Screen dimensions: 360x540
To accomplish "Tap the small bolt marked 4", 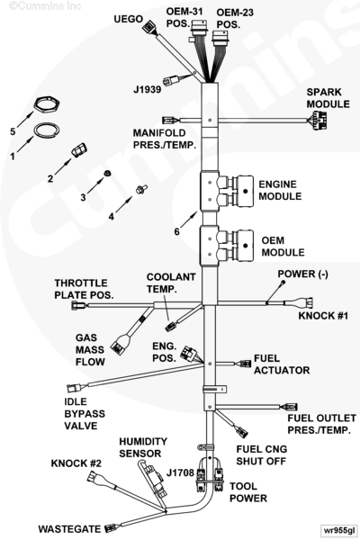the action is [141, 189].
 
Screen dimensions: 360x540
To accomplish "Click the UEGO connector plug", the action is [148, 26].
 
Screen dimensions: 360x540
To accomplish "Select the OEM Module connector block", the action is [242, 246].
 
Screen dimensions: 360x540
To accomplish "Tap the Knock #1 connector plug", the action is [304, 303].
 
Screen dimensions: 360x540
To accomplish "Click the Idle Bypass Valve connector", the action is [74, 388].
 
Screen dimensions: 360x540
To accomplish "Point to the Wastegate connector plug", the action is [111, 527].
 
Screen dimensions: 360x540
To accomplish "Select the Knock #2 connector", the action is [94, 477].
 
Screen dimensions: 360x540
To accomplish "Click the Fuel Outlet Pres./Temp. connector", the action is [290, 407].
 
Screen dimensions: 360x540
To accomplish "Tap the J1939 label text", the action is [147, 89].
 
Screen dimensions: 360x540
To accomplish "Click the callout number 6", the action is [176, 232].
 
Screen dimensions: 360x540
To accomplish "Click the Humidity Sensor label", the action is [143, 447].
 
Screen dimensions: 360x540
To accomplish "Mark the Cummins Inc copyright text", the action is [45, 6].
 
